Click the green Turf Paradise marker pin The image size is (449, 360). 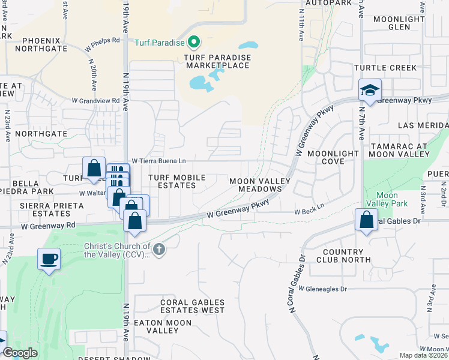pyautogui.click(x=194, y=43)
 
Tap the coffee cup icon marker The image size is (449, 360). pyautogui.click(x=49, y=260)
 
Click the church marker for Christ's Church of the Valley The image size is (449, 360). pyautogui.click(x=158, y=249)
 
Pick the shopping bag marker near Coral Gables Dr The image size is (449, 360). pyautogui.click(x=366, y=220)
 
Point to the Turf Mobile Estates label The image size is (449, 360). pyautogui.click(x=177, y=181)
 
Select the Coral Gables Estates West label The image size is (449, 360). pyautogui.click(x=192, y=307)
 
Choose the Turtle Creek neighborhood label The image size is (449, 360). pyautogui.click(x=385, y=68)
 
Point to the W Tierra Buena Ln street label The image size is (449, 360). pyautogui.click(x=159, y=161)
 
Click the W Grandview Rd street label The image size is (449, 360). pyautogui.click(x=96, y=101)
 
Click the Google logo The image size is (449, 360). pyautogui.click(x=20, y=353)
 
